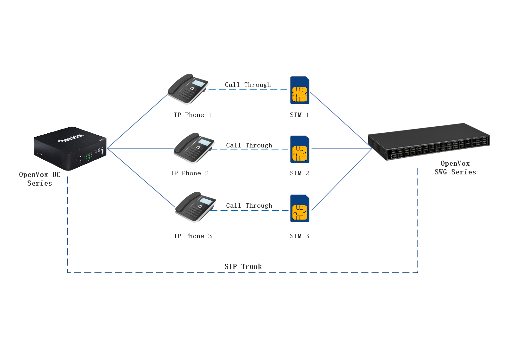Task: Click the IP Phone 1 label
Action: [193, 115]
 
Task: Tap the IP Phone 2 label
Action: [190, 173]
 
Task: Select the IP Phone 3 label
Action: [193, 236]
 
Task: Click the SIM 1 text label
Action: [299, 115]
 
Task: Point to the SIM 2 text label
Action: [299, 173]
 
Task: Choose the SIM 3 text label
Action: [299, 236]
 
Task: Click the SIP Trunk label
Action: [243, 266]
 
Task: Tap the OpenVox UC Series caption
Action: [40, 179]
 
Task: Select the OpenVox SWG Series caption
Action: [455, 168]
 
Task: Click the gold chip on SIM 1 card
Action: [300, 94]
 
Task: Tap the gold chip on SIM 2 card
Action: [300, 153]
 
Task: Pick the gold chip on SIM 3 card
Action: [300, 212]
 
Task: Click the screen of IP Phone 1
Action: [199, 83]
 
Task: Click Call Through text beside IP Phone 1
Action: [248, 85]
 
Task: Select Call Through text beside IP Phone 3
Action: [249, 205]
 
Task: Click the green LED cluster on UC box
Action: [89, 156]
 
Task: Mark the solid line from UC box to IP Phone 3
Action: [141, 178]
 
